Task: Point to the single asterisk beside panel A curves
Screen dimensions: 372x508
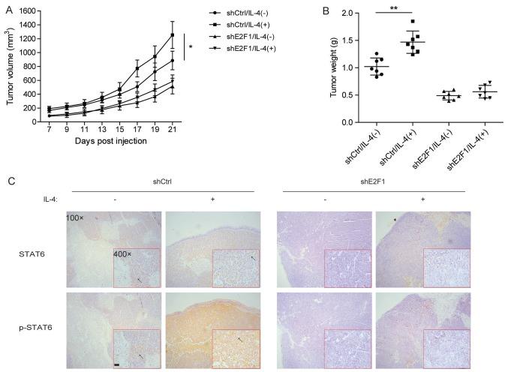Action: pos(191,48)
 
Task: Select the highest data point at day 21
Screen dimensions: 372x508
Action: pos(173,34)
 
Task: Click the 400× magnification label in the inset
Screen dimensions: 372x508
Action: pos(123,253)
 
